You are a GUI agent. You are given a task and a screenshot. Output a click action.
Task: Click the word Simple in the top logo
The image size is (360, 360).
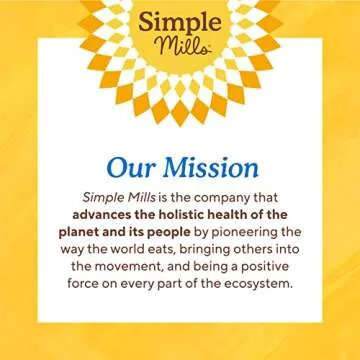[x=180, y=22]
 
